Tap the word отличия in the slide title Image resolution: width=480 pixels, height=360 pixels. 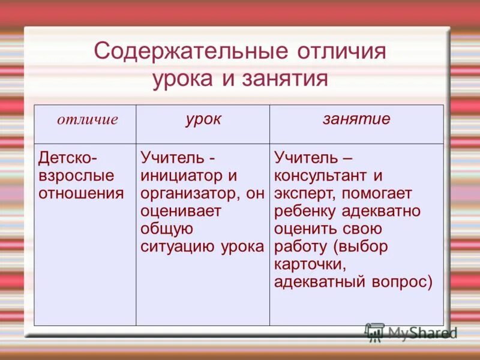(x=341, y=51)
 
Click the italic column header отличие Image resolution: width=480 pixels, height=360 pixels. (x=88, y=119)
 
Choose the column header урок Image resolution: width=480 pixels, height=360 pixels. (x=203, y=119)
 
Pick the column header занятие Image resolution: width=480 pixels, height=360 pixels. (x=356, y=119)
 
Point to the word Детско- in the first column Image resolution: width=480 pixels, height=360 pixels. (x=67, y=159)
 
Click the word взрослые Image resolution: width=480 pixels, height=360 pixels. (x=76, y=176)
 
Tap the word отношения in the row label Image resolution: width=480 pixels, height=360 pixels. (x=81, y=193)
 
